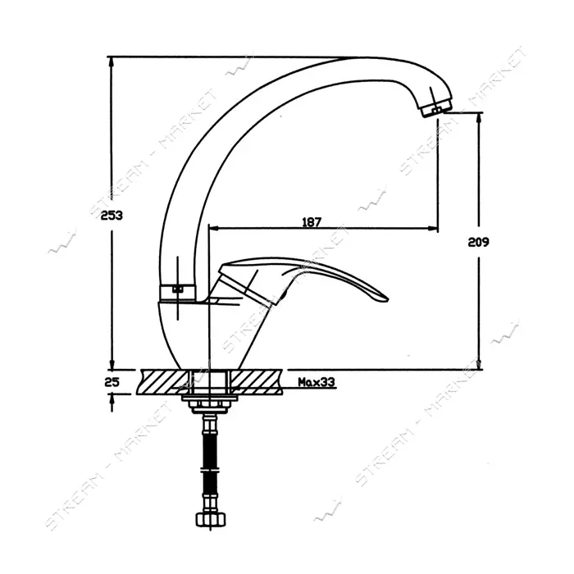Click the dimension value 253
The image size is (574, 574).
112,216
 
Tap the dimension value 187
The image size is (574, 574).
312,222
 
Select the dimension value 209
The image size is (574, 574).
478,242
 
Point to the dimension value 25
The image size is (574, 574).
112,382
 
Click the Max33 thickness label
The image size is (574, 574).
317,382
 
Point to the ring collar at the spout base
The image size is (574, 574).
178,291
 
